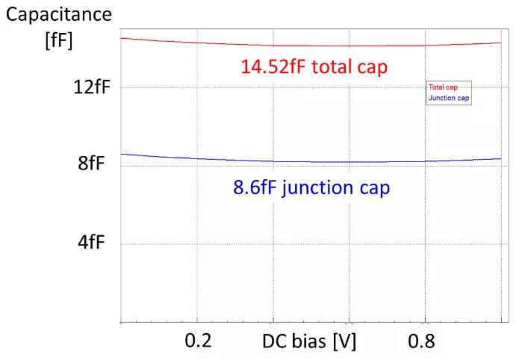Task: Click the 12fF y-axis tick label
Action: point(92,87)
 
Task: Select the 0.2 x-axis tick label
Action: point(198,341)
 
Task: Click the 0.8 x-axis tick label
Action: point(422,341)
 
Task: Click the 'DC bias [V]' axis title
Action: point(309,341)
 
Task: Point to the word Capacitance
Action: point(59,14)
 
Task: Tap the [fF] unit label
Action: point(59,40)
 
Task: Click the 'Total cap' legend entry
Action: point(443,87)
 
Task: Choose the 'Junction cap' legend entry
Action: point(449,98)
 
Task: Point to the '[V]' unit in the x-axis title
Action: point(344,341)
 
